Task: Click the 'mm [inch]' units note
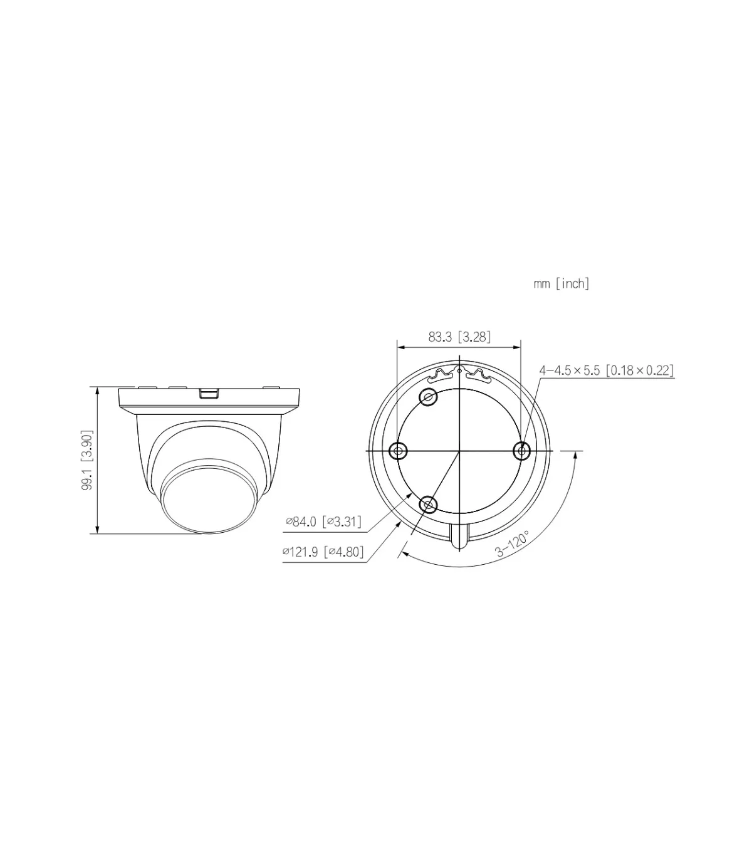coord(561,284)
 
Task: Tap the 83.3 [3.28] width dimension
coord(459,337)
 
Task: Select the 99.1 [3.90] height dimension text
coord(87,460)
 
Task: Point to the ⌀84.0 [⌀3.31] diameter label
coord(323,522)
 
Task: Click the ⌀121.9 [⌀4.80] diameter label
coord(323,552)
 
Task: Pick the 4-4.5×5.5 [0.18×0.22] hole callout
coord(607,370)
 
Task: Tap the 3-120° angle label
coord(512,543)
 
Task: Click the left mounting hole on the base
coord(398,451)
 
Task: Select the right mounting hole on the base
coord(522,451)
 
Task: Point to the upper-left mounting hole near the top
coord(429,397)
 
